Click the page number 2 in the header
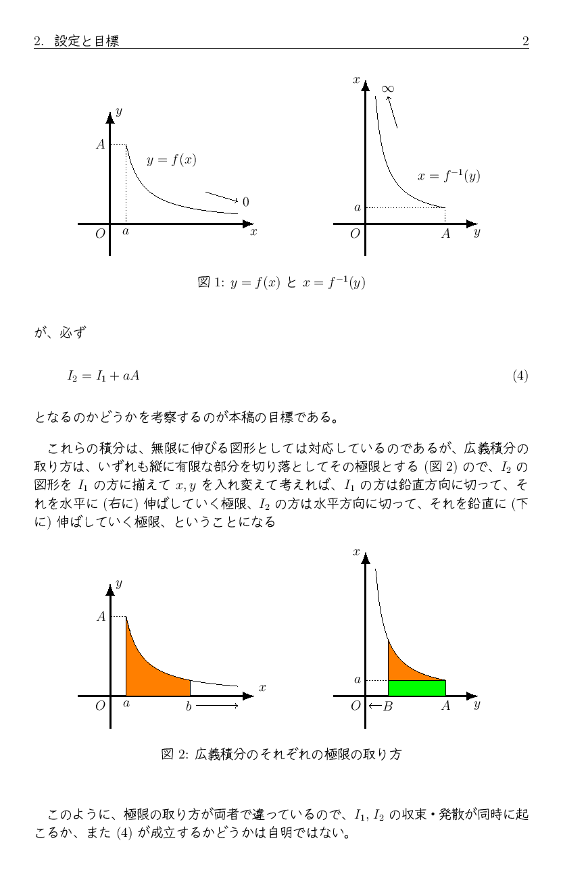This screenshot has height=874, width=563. coord(525,42)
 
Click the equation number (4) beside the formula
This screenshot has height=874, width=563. coord(520,376)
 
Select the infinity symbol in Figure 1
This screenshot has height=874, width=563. coord(387,89)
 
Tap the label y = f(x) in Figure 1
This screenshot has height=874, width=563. coord(172,160)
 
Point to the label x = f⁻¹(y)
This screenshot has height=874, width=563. coord(449,176)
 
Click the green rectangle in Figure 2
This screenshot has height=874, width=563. coord(416,688)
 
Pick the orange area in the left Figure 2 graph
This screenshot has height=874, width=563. coord(152,679)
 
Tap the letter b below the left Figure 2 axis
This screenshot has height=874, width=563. coord(189,706)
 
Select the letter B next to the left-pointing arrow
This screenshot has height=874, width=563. coord(387,706)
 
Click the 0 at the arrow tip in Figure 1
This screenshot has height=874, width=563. coord(245,202)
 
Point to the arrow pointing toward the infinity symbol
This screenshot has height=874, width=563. coord(392,112)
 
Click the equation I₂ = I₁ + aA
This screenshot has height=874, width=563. coord(103,376)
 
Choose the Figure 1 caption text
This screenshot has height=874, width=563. coord(281,282)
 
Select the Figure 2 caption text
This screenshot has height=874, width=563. coord(281,754)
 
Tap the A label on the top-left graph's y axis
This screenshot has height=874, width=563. coord(100,144)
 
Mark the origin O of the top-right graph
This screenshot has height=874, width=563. coord(355,234)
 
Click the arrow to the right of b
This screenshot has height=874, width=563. coord(217,706)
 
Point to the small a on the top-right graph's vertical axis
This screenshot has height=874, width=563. coord(357,207)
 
